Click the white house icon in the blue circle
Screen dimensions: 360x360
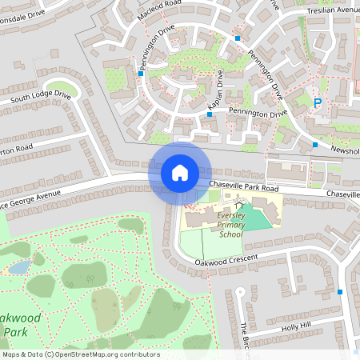point(180,172)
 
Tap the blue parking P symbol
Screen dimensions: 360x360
point(318,103)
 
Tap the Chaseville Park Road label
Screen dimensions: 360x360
point(242,186)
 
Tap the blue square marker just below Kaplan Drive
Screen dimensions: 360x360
point(210,114)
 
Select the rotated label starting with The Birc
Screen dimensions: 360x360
point(246,336)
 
